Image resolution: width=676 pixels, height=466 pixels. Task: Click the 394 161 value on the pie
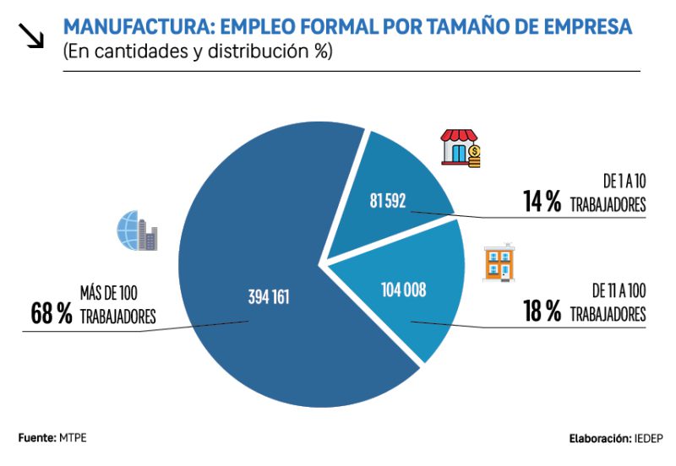(x=270, y=297)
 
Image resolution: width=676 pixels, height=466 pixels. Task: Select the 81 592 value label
(x=388, y=201)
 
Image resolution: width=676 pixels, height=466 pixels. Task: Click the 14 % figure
(x=542, y=203)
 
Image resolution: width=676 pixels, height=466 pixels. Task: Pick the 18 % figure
(x=542, y=312)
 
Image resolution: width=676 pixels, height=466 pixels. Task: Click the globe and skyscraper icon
(x=137, y=230)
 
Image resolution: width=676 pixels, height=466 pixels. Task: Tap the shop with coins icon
(x=461, y=149)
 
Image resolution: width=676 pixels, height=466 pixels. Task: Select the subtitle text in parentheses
(x=198, y=51)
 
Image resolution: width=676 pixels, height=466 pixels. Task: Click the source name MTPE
(x=73, y=438)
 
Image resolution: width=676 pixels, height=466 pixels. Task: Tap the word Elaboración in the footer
(x=599, y=439)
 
